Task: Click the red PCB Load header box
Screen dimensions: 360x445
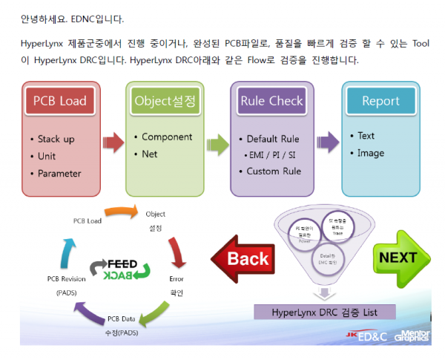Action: point(59,101)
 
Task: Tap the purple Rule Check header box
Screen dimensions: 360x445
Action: point(271,101)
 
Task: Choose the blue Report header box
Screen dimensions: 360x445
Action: point(380,101)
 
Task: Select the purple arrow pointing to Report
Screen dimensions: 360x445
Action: point(326,141)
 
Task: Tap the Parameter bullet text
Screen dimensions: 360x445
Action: point(59,174)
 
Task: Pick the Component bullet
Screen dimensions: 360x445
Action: point(167,137)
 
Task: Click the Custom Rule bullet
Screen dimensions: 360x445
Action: point(274,171)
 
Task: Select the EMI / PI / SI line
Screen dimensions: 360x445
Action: point(272,156)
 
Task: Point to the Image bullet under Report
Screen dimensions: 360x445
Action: point(370,153)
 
